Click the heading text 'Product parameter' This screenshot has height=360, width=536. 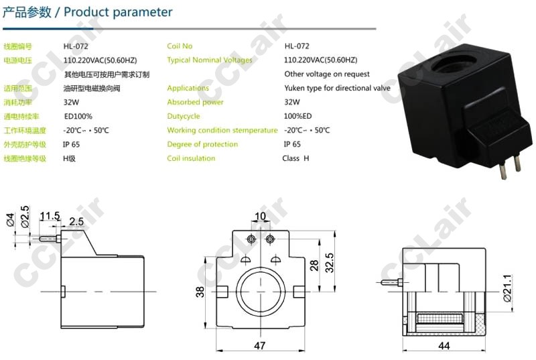(118, 12)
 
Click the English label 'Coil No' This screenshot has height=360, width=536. (180, 46)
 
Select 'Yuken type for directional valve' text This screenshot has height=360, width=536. (337, 88)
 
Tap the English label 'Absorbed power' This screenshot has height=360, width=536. (195, 102)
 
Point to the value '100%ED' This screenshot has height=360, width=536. (297, 116)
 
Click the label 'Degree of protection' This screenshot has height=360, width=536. (202, 144)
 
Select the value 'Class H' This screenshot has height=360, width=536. (295, 158)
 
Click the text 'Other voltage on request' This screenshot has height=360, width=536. (327, 74)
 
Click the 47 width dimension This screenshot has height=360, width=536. (260, 346)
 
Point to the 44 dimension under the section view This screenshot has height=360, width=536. (444, 346)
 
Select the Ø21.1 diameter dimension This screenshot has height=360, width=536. (507, 288)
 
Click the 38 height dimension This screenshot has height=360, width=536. (200, 292)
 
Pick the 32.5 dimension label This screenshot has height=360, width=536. (329, 263)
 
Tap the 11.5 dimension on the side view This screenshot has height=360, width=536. (50, 216)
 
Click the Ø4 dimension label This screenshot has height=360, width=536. (11, 219)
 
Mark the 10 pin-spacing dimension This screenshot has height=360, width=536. (261, 216)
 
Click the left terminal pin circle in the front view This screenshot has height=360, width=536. (251, 238)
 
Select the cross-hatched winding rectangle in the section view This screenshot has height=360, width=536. (440, 318)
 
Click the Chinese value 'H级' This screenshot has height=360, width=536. (69, 158)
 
